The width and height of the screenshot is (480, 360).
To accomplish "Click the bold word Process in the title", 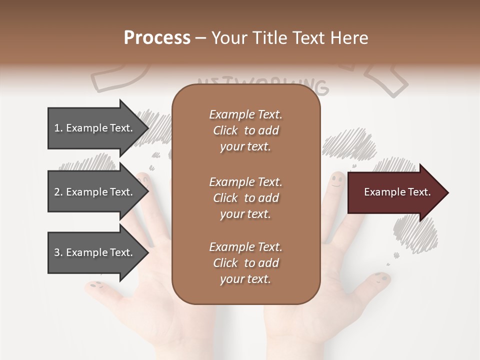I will tap(157, 37).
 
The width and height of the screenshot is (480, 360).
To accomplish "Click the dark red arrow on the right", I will tap(395, 192).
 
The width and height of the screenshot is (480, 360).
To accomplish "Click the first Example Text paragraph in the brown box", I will tap(245, 130).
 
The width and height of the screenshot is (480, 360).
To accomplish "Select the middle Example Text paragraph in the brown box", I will tap(245, 197).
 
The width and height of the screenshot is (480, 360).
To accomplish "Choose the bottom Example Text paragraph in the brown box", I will tap(245, 263).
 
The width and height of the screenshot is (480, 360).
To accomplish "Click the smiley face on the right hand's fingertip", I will tap(338, 180).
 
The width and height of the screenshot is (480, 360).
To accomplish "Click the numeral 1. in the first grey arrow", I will tap(58, 128).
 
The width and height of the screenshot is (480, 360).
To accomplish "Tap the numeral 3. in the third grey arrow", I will tap(58, 252).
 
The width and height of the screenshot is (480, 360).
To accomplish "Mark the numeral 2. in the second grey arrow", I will tap(58, 192).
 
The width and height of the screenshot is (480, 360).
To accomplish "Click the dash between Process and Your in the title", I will tap(201, 38).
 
